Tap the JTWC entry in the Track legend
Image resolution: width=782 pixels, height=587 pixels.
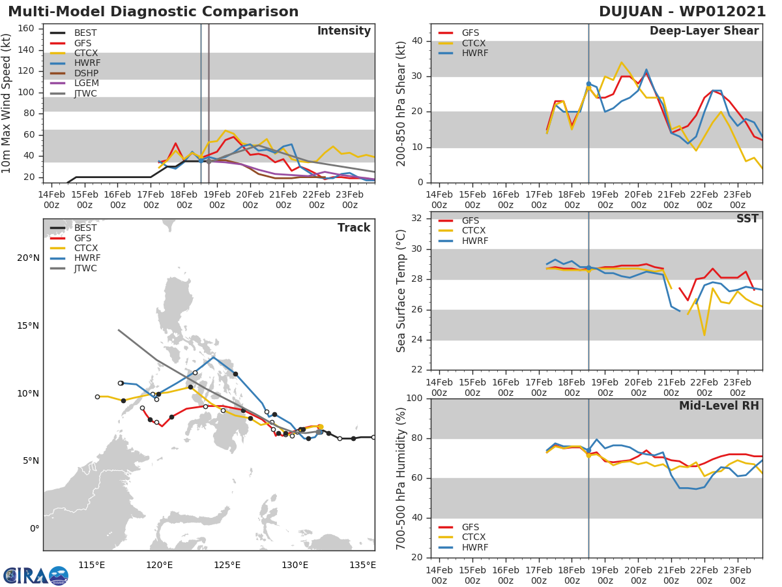tap(85, 268)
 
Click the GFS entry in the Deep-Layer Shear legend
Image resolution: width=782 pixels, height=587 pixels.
tap(470, 33)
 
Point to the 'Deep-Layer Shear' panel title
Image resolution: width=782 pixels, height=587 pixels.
tap(704, 31)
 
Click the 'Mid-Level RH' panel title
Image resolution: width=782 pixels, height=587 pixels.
tap(719, 406)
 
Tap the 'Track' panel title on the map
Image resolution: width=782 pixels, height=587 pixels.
tap(354, 228)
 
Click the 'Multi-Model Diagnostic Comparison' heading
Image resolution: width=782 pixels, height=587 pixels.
tap(153, 12)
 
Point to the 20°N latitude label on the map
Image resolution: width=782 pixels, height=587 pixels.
tap(28, 258)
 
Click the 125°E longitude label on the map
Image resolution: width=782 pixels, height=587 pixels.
tap(227, 565)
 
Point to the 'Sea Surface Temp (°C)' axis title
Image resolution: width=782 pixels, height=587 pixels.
tap(401, 290)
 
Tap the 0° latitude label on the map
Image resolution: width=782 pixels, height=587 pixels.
tap(34, 528)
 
